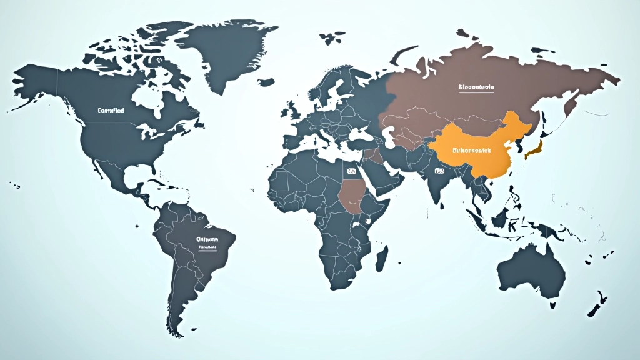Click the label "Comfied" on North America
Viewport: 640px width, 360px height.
pyautogui.click(x=111, y=110)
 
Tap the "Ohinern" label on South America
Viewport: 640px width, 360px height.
pyautogui.click(x=207, y=239)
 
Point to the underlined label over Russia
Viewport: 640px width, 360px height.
pyautogui.click(x=476, y=87)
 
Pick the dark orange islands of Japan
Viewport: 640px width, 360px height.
pyautogui.click(x=533, y=149)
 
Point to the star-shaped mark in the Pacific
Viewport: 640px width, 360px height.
pyautogui.click(x=137, y=224)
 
